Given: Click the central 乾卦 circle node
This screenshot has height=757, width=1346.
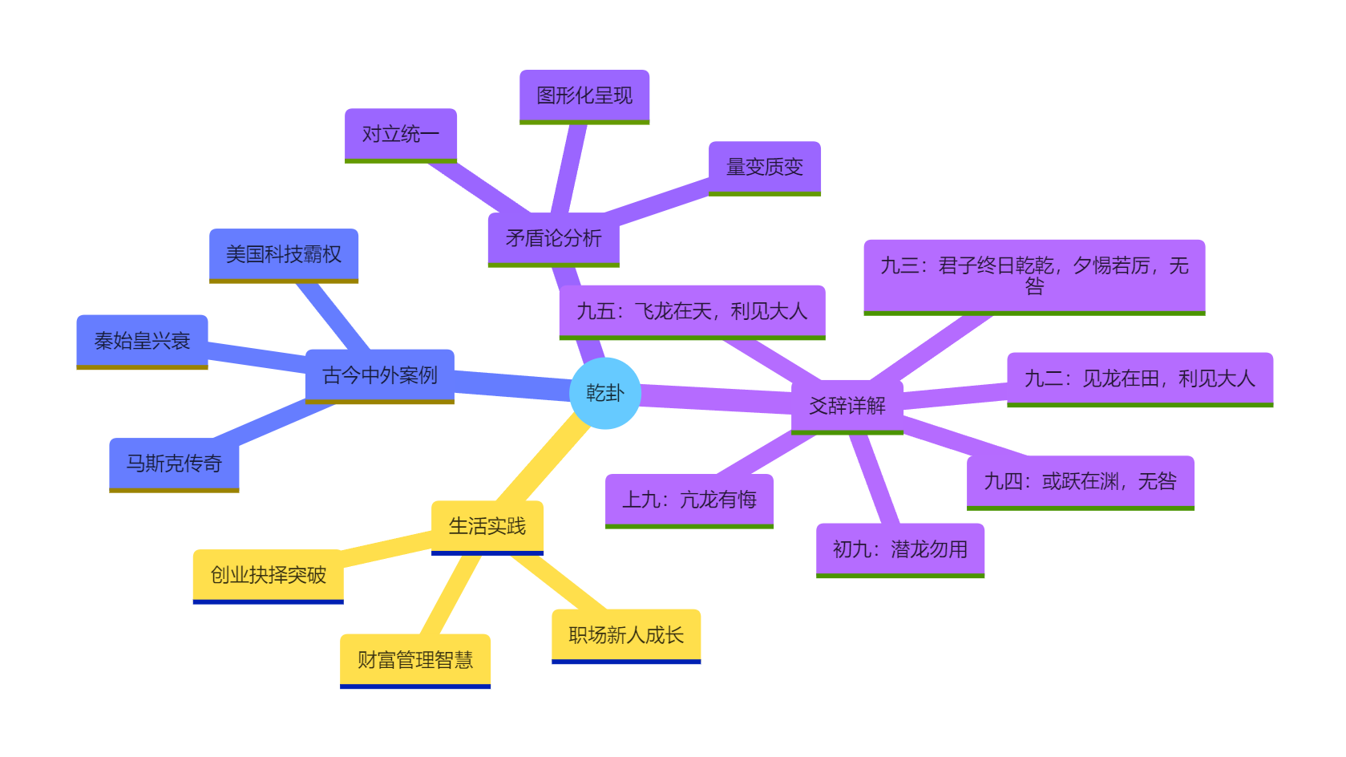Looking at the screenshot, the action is (605, 393).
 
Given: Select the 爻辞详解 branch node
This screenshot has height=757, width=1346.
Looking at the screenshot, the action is (847, 406).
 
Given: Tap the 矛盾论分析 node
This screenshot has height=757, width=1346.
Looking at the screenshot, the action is (553, 238).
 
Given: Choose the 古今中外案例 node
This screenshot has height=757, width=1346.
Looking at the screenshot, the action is (380, 375).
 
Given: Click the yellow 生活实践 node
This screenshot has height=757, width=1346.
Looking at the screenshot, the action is (487, 526).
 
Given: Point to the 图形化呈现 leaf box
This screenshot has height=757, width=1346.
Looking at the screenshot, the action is (584, 95).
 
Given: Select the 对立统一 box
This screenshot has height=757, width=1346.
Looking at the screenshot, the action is (401, 134).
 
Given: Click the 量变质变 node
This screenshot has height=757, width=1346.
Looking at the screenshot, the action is (765, 167).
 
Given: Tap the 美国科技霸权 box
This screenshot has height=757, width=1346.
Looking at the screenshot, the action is (284, 254).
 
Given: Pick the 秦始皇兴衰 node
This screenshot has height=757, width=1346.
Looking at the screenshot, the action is (142, 341).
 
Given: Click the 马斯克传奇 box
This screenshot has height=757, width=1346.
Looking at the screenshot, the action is (174, 464).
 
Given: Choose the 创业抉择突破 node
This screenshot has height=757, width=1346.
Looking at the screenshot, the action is (269, 575).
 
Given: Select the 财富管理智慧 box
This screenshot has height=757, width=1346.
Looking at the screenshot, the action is (415, 660).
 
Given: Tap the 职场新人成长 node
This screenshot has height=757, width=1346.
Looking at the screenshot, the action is (626, 635).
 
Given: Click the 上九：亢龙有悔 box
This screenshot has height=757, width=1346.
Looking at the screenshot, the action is (689, 500).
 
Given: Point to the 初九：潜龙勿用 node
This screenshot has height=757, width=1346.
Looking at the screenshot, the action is (900, 549).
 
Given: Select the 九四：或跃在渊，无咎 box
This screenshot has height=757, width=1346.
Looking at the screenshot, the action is (1081, 481).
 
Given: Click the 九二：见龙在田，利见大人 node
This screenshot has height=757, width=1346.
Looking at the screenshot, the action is (1140, 378).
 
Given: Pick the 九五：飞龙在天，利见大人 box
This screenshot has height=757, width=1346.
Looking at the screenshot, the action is (692, 311).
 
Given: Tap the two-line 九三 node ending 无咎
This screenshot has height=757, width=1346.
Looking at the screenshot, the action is (1034, 276).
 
